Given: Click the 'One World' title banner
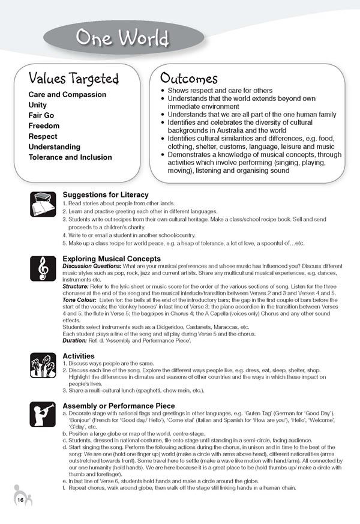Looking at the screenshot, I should click(x=122, y=39).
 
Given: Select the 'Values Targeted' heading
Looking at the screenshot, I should click(x=74, y=79).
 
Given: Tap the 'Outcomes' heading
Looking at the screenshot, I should click(x=188, y=79).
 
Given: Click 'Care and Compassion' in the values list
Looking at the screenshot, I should click(x=67, y=95).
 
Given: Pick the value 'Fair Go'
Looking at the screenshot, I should click(x=44, y=116).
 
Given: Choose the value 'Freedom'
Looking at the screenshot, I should click(x=44, y=126).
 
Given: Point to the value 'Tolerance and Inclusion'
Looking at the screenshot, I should click(x=70, y=157).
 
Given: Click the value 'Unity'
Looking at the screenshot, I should click(x=38, y=105).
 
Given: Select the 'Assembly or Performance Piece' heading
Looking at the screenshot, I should click(x=119, y=406).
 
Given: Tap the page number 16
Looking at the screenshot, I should click(x=20, y=500).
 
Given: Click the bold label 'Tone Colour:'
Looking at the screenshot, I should click(x=81, y=300).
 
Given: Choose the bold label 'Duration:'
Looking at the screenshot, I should click(x=77, y=341).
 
